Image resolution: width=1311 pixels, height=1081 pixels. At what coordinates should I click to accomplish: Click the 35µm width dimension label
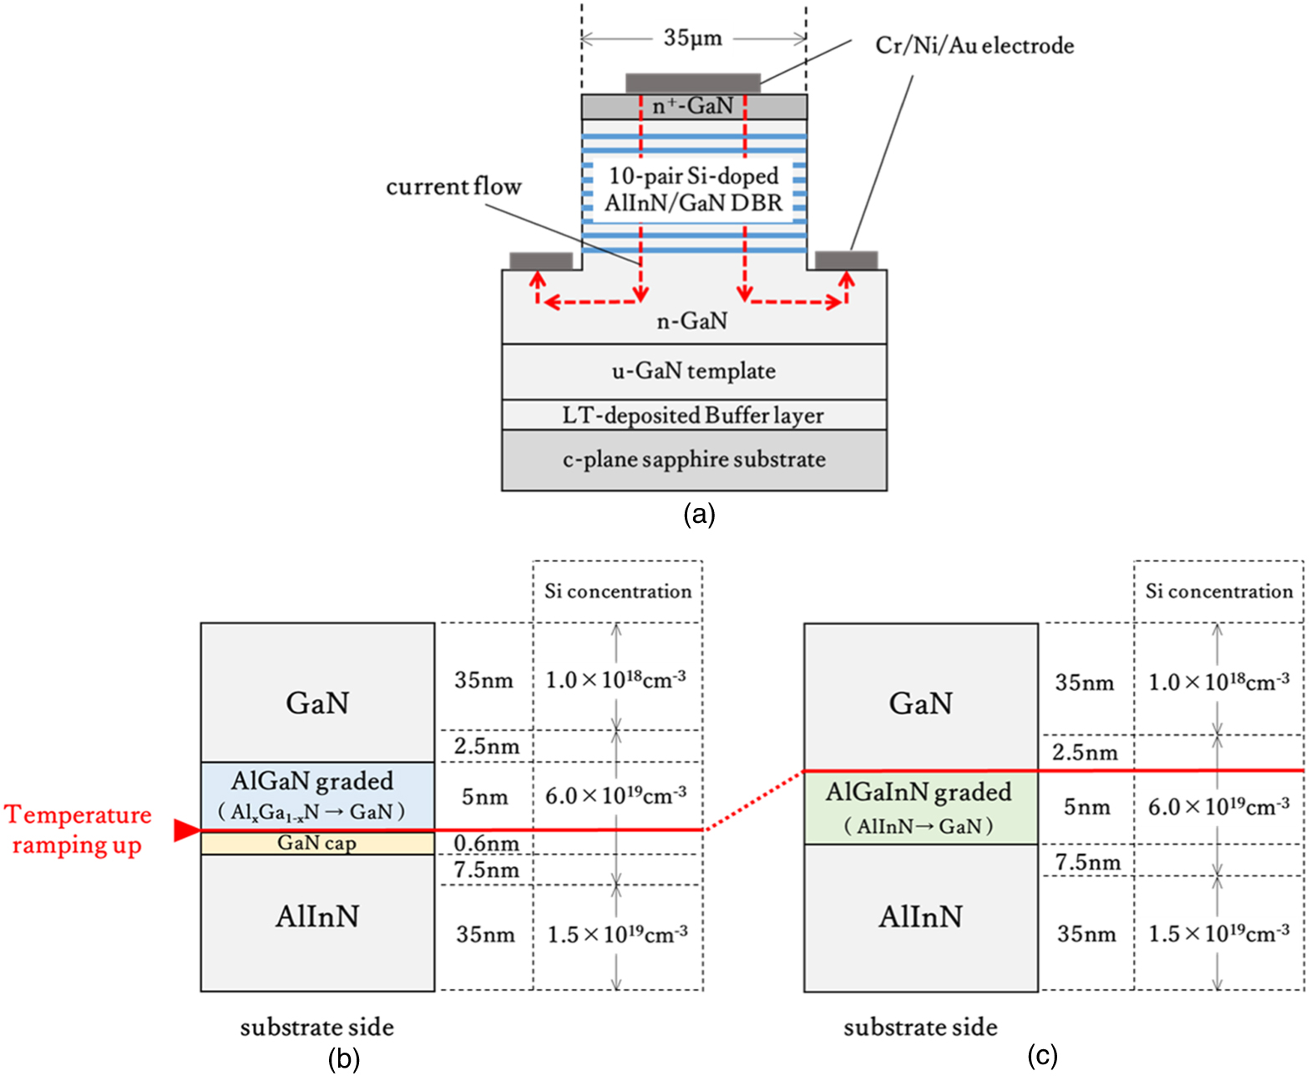(x=692, y=38)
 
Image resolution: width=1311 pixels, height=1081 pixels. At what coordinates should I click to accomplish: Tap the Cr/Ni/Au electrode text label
(x=974, y=45)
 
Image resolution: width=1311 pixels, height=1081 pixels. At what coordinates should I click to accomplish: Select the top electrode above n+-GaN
(x=692, y=83)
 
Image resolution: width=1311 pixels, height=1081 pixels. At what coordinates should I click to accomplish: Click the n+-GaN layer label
(x=692, y=106)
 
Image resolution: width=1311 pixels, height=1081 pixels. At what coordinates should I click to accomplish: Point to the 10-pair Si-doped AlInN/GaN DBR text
(x=693, y=190)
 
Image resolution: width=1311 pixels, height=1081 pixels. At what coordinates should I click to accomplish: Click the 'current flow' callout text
(x=453, y=186)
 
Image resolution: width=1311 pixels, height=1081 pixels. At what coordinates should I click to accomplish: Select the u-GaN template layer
(x=693, y=371)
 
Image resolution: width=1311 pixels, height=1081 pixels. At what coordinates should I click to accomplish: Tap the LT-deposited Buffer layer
(x=693, y=415)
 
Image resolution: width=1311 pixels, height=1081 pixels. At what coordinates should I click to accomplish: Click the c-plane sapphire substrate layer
(x=693, y=459)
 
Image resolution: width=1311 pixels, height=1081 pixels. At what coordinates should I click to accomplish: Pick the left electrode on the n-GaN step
(x=541, y=261)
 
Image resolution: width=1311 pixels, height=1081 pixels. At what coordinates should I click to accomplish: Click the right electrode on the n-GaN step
(x=846, y=260)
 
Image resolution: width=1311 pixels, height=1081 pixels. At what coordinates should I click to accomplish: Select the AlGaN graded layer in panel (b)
(x=316, y=794)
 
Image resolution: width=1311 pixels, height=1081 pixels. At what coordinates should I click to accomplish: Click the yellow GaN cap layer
(x=316, y=844)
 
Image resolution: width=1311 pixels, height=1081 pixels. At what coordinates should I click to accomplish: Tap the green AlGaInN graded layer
(x=919, y=807)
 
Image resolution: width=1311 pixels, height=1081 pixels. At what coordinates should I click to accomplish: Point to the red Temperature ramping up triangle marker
(x=185, y=830)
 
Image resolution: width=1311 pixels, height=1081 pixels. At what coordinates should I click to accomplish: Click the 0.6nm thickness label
(x=486, y=843)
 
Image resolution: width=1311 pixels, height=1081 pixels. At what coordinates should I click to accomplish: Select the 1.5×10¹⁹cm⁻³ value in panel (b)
(x=617, y=934)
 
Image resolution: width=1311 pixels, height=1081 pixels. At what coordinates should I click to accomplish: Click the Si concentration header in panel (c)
(x=1218, y=591)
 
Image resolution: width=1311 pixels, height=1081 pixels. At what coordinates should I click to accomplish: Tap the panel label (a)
(x=699, y=514)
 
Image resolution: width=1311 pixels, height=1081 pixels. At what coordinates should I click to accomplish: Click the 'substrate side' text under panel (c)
(x=919, y=1027)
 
